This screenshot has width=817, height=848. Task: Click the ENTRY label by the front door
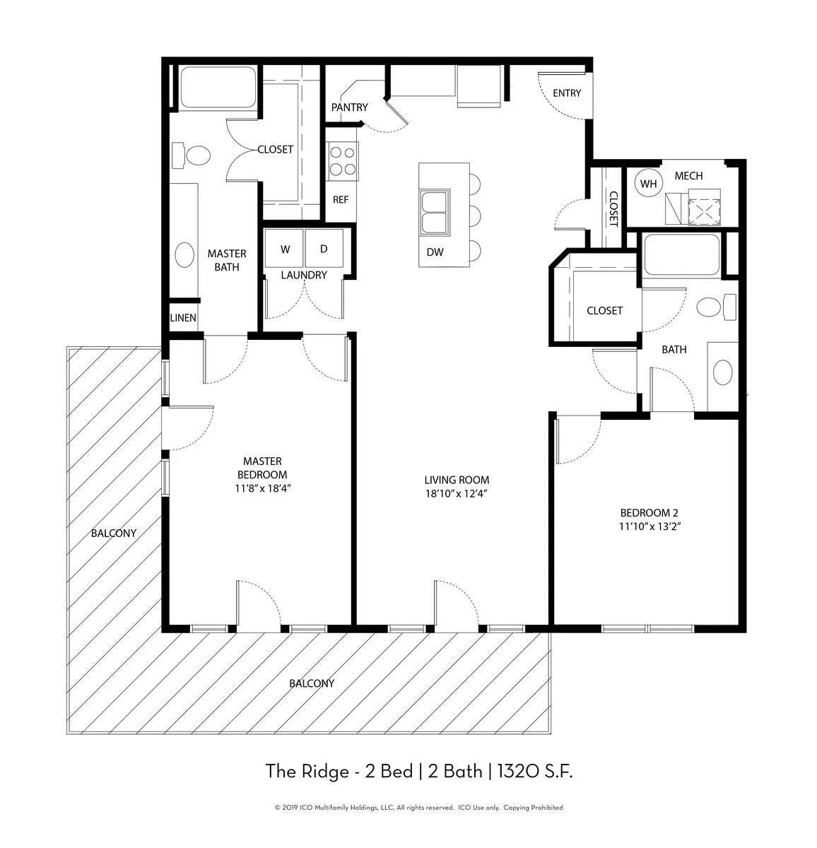point(566,93)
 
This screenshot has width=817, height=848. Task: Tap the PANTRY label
point(349,107)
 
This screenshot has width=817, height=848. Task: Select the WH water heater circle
point(648,184)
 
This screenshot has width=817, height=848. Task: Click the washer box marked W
point(284,248)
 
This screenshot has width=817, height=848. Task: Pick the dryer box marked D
point(324,248)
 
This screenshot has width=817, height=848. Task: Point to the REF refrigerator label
point(341,199)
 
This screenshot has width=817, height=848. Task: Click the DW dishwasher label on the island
point(435,252)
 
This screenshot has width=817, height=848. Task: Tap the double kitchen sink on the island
point(435,212)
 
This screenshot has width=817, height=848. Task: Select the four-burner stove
point(342,161)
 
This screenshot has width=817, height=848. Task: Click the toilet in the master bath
point(192,155)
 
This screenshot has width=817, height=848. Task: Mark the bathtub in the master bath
point(212,87)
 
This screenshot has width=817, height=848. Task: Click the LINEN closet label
point(183,318)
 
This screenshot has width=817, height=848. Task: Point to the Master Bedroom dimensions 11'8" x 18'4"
point(263,488)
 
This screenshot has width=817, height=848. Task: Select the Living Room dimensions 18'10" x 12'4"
point(457,493)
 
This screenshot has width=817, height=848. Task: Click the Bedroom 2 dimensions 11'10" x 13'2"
point(650,526)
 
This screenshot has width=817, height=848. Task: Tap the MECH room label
point(688,176)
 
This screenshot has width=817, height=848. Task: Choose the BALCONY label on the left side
point(114,533)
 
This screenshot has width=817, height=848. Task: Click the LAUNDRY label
point(304,275)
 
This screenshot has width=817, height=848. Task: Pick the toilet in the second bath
point(717,307)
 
